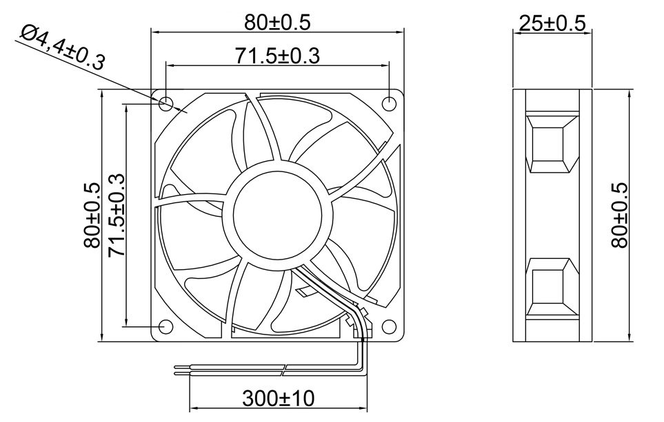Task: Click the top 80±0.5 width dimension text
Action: point(277,23)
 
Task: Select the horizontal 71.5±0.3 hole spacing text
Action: point(277,56)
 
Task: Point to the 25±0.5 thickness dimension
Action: point(552,23)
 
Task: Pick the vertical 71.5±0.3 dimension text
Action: point(117,215)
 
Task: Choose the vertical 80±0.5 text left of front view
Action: point(92,215)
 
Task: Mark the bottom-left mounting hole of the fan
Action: point(166,326)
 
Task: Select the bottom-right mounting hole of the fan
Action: point(389,326)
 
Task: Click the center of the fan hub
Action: point(277,215)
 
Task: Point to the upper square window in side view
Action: point(551,145)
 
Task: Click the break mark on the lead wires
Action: point(285,370)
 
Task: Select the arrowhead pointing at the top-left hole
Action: point(183,109)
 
